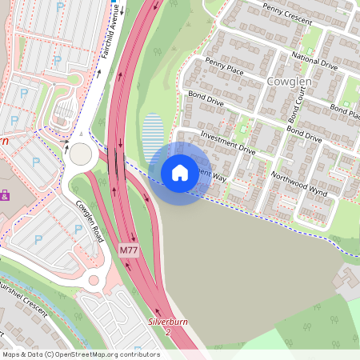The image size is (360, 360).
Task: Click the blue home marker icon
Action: coord(179,173)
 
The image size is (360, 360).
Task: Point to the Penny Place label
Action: coord(224,66)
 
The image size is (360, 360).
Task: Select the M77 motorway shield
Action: coord(129,251)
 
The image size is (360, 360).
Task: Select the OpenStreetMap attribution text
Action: coord(81,354)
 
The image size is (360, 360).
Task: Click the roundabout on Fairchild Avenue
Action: coord(81,152)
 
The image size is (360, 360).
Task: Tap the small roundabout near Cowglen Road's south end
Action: coord(94,280)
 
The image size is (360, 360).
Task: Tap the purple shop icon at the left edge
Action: coord(4,194)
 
